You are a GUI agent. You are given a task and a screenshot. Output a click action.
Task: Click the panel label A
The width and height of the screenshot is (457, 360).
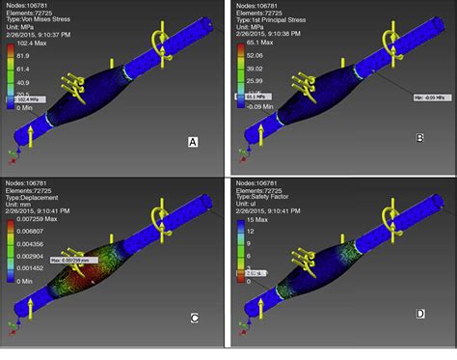(x=193, y=142)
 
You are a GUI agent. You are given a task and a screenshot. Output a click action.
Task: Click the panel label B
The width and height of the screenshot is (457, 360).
(x=419, y=138)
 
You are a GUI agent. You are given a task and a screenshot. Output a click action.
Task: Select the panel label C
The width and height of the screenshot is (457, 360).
(x=193, y=318)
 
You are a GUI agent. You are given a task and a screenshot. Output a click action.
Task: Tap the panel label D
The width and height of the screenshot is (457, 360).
(x=419, y=315)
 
